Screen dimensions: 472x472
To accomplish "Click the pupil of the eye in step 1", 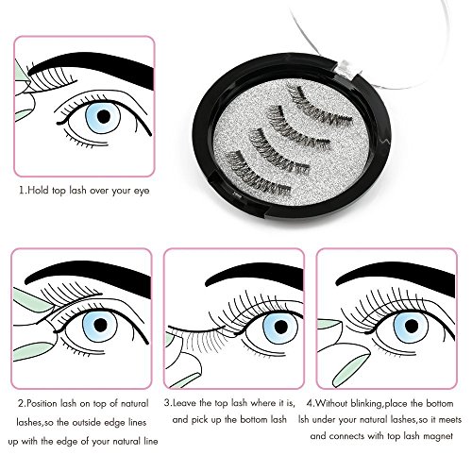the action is tap(104, 116).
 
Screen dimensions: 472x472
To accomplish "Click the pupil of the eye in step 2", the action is tap(100, 325).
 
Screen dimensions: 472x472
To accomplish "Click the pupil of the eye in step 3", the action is tap(281, 327).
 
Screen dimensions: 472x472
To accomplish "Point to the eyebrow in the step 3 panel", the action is tap(255, 277).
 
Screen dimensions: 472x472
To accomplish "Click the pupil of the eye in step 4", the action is tap(412, 326).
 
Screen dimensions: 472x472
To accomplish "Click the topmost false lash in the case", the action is tap(319, 107).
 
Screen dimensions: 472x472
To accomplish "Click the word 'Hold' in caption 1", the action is tap(39, 191).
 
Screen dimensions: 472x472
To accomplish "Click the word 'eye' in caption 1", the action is tap(142, 191).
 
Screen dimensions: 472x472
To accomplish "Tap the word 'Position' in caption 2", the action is tap(42, 403).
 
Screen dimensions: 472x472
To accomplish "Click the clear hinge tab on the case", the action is tap(346, 69).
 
